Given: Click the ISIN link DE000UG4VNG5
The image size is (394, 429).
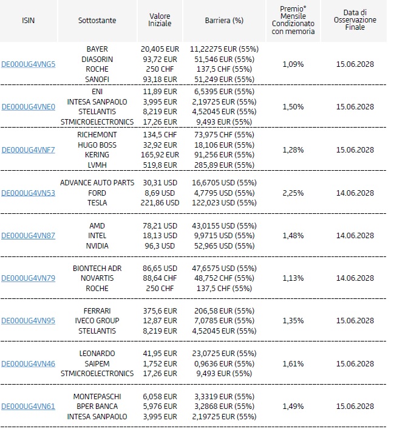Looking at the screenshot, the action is tap(28, 64).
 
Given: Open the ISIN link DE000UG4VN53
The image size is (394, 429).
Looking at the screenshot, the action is tap(28, 193).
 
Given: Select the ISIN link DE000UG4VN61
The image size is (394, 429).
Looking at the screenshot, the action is tap(28, 407).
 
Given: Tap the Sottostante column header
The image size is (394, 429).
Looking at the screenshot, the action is tap(97, 21).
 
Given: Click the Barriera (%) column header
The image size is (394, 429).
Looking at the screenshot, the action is tap(224, 21).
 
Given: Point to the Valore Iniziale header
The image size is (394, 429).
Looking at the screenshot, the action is tap(160, 20).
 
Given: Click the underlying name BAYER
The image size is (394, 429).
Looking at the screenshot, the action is tap(97, 49).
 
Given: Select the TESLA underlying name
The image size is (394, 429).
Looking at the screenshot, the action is tap(97, 203).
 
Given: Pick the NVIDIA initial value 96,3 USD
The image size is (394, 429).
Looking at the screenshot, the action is tap(160, 246).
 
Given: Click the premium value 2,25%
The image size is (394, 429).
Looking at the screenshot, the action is tap(293, 193).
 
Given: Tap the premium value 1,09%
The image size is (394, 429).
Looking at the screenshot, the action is tap(293, 64).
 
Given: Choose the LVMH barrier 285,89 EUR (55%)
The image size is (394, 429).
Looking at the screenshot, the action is tap(224, 165).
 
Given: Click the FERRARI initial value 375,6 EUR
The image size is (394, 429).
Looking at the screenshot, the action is tap(160, 311).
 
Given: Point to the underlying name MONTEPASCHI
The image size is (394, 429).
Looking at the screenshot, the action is tap(97, 397).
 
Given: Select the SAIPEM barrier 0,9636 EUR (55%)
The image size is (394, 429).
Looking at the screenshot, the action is tap(224, 364).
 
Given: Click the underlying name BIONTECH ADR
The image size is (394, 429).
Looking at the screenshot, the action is tap(97, 269).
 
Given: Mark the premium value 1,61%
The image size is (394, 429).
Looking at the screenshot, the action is tap(293, 364).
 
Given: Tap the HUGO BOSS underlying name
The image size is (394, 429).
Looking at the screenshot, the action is tap(97, 145).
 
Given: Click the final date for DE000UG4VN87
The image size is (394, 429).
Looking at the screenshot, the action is tap(355, 236).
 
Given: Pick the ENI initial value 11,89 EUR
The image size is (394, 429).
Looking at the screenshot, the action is tap(160, 92).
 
